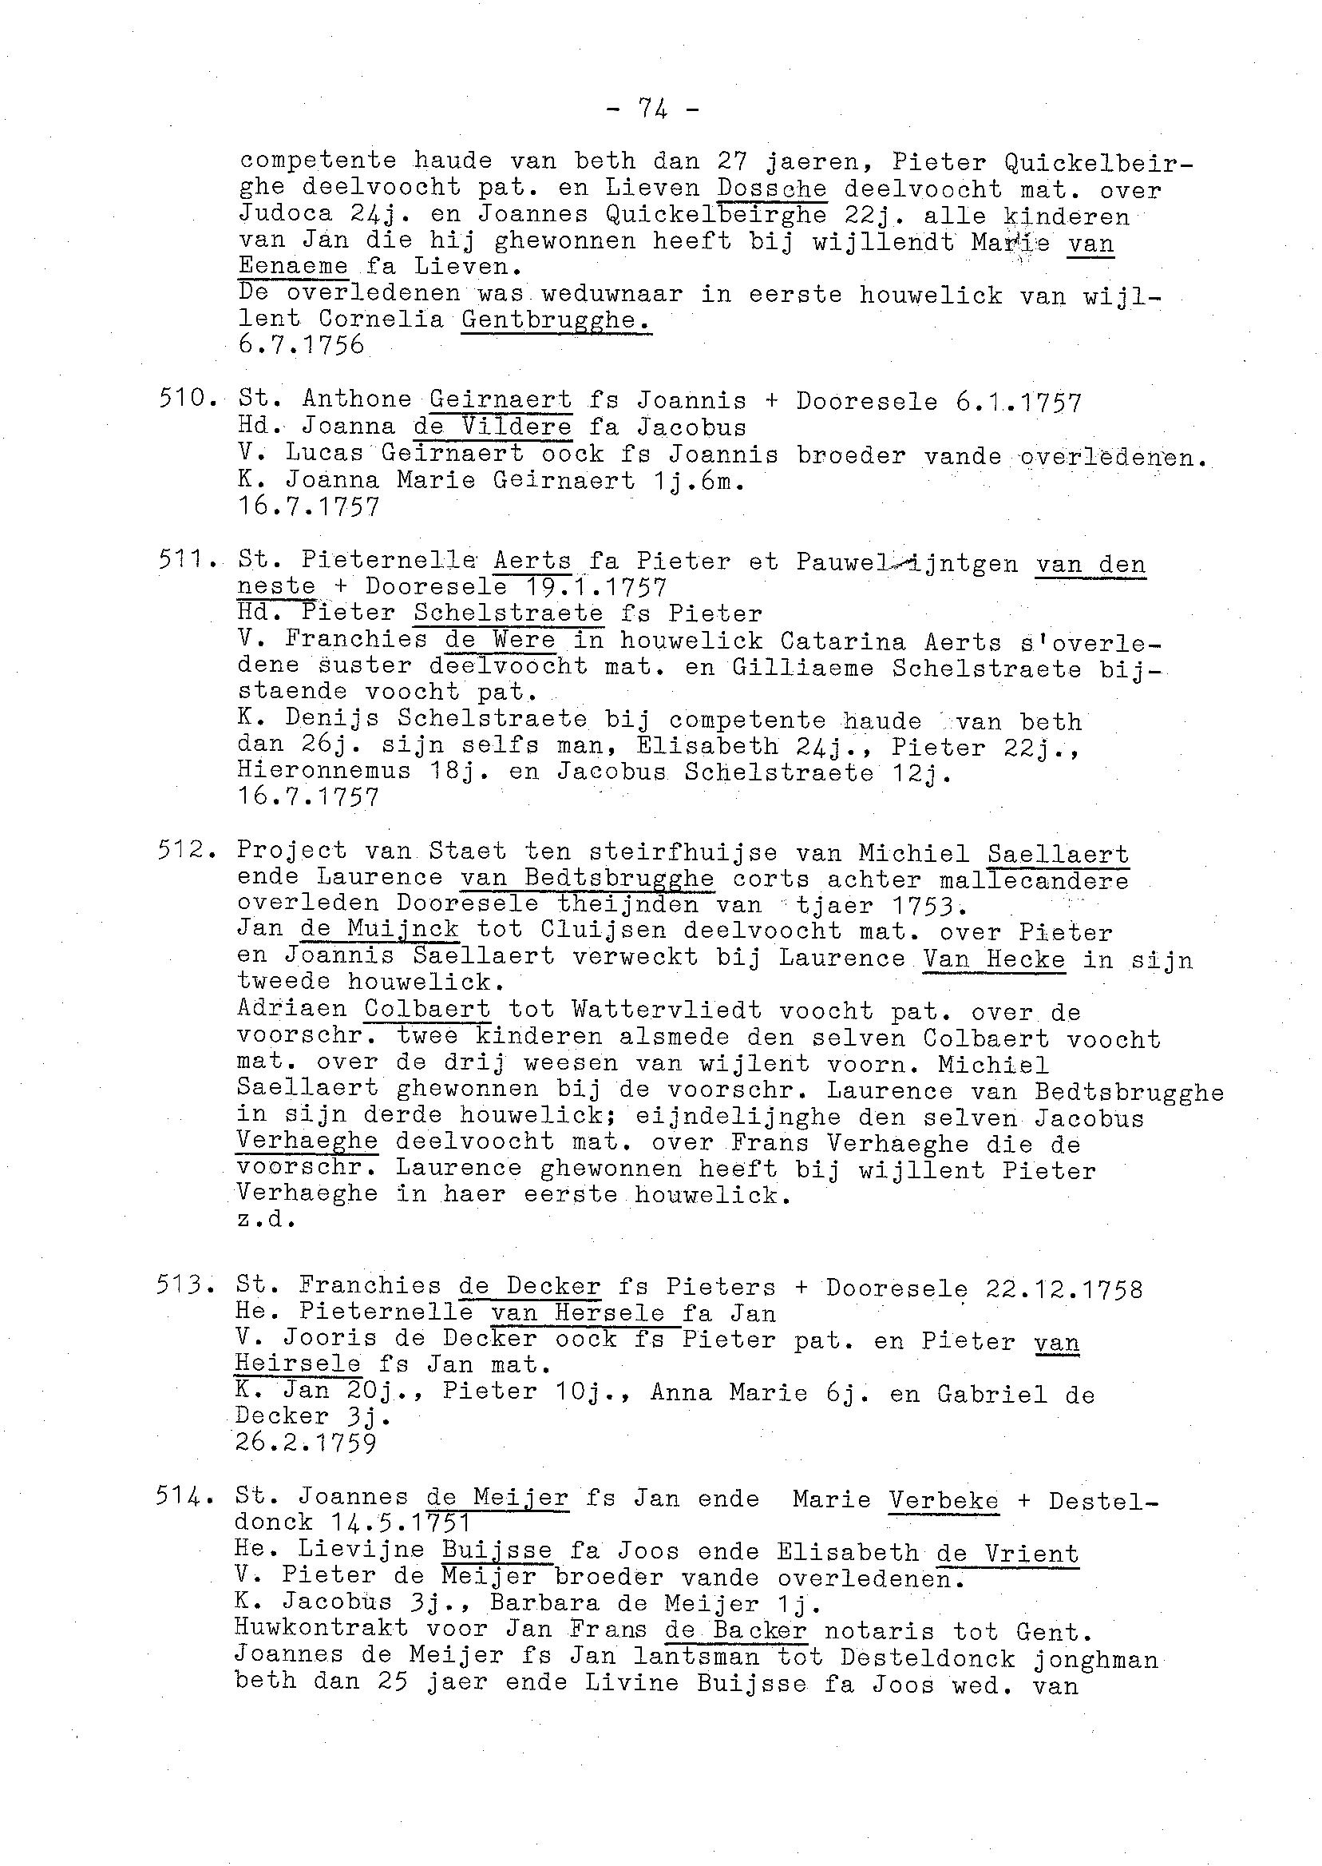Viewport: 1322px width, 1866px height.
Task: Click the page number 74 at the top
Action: (x=653, y=108)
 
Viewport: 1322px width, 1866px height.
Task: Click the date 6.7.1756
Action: (x=301, y=345)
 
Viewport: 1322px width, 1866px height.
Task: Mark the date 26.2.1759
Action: (x=305, y=1443)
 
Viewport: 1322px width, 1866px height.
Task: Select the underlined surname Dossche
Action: (x=772, y=189)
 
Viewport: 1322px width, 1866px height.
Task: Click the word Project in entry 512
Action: (x=292, y=852)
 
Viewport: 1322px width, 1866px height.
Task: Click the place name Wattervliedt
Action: (x=667, y=1010)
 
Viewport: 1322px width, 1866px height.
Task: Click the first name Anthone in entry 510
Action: (x=357, y=400)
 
